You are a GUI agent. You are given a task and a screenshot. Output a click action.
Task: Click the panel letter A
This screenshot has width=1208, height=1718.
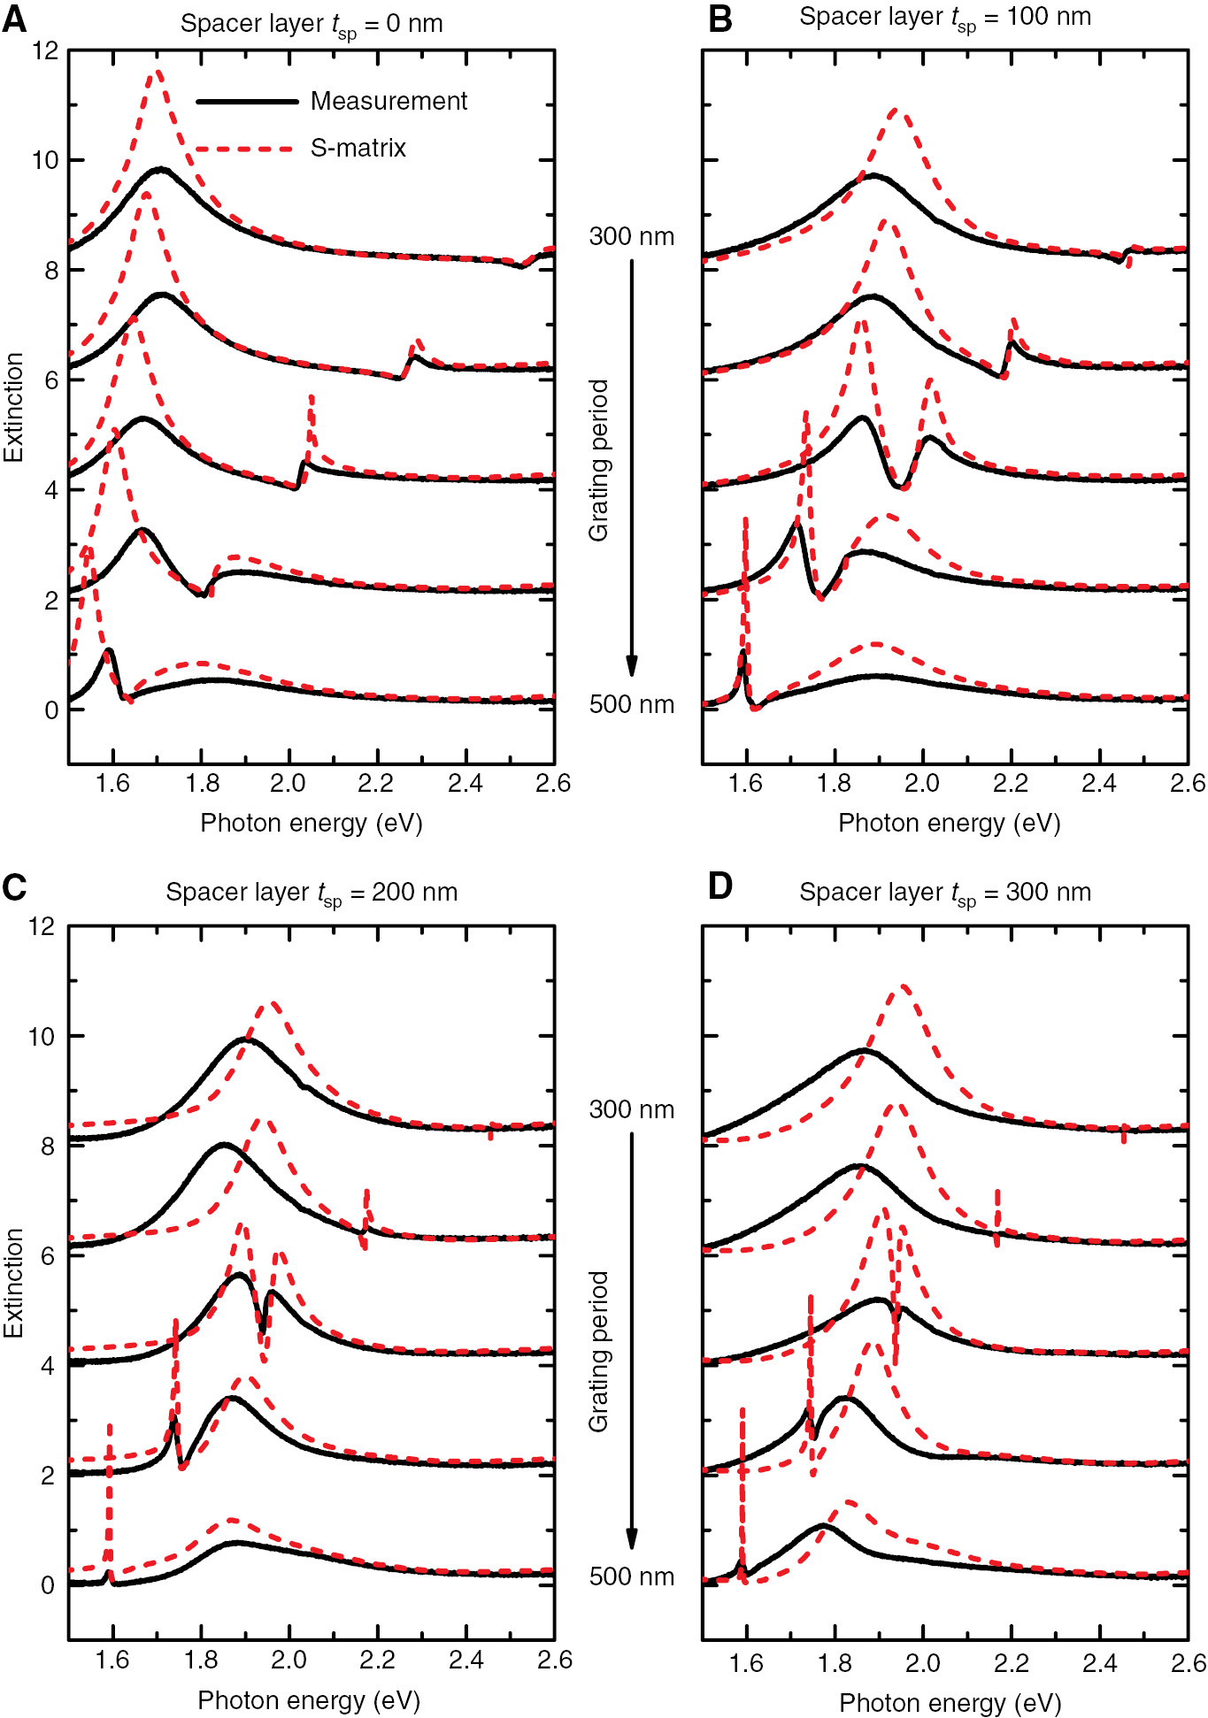pos(15,19)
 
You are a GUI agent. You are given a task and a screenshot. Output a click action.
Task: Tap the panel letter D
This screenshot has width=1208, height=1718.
pos(720,886)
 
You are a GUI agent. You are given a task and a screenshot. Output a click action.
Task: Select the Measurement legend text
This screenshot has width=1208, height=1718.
pos(389,102)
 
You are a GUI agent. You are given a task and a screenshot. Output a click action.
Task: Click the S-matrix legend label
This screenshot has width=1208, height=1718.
pos(358,148)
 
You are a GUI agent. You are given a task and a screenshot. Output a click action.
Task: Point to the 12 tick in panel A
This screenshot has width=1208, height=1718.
pos(45,50)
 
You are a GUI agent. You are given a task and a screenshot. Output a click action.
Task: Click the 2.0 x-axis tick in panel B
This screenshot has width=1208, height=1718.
pos(922,784)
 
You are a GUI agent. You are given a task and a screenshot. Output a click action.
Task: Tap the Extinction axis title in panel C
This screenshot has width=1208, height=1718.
pos(13,1283)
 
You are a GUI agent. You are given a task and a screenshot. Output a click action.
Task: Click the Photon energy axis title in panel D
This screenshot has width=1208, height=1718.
pos(950,1702)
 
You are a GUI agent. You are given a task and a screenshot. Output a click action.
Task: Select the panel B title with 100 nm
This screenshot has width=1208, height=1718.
pos(944,18)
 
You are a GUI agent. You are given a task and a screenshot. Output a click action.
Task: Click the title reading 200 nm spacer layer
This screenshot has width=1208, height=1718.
pos(312,893)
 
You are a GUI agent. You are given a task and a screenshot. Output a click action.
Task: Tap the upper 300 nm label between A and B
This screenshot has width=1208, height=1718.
pos(632,237)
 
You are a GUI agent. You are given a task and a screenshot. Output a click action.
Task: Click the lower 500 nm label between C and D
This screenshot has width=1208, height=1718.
pos(632,1577)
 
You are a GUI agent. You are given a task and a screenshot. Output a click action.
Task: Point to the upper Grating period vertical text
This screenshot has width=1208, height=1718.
pos(599,460)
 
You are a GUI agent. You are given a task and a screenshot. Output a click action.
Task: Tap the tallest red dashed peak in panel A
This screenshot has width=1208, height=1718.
pos(157,71)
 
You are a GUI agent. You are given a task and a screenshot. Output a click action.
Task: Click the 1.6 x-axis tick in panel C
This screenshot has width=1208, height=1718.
pos(112,1660)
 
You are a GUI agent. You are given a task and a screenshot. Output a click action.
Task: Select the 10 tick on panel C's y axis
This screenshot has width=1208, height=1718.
pos(42,1036)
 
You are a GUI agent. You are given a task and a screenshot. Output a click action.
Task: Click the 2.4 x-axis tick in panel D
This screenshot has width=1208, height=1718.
pos(1099,1662)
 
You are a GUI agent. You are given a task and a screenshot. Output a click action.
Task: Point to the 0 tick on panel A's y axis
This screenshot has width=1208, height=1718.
pos(51,709)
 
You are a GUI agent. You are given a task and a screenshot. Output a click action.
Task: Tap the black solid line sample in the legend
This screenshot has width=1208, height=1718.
pos(247,102)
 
